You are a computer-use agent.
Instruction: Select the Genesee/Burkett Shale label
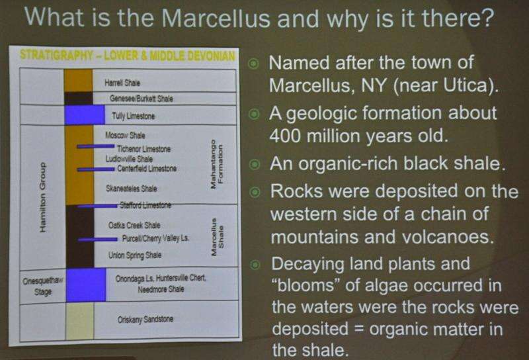click(142, 99)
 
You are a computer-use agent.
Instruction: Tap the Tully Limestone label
click(134, 116)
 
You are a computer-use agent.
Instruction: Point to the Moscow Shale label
click(125, 136)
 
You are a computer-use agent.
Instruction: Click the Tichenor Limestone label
click(143, 149)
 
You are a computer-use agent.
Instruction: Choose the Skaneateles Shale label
click(131, 189)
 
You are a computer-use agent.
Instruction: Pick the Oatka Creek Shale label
click(134, 225)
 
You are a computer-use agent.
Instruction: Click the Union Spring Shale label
click(135, 255)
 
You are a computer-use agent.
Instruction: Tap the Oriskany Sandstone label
click(145, 319)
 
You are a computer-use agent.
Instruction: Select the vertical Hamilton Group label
click(42, 198)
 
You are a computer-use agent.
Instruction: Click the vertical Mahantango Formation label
click(216, 165)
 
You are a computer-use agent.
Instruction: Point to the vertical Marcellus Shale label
click(217, 237)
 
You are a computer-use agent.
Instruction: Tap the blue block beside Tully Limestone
click(85, 115)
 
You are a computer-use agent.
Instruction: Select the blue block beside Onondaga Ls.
click(86, 285)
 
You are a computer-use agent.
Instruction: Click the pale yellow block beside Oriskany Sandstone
click(79, 321)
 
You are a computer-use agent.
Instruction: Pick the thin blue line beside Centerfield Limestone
click(96, 169)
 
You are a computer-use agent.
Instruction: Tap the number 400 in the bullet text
click(286, 136)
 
